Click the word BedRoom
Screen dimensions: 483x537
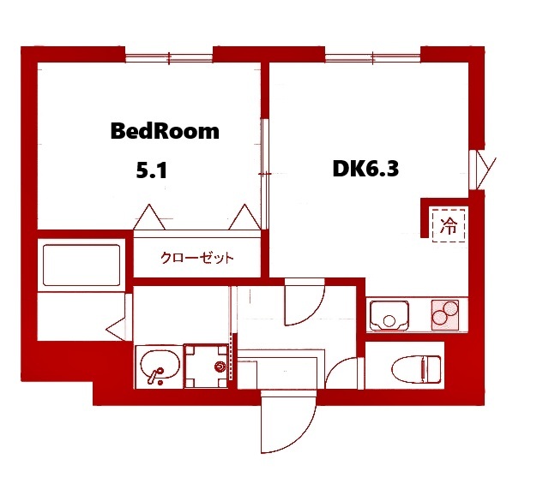coord(165,132)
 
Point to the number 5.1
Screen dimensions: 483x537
coord(151,170)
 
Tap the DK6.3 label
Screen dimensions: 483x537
coord(365,169)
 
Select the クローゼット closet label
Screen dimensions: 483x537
coord(197,258)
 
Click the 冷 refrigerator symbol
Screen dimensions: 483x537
coord(449,225)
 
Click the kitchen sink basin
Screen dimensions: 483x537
coord(391,317)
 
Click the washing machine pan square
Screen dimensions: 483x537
coord(208,366)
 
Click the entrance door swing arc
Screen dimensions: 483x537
coord(287,424)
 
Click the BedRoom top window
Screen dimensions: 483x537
coord(168,58)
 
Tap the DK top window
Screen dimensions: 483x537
coord(372,58)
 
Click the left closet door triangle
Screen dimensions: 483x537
coord(149,218)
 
